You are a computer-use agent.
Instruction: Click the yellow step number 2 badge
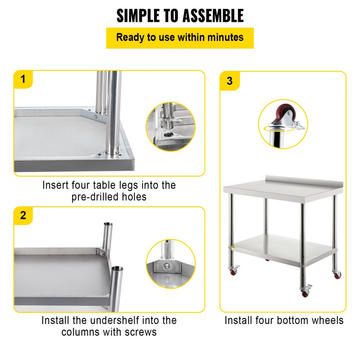(23, 215)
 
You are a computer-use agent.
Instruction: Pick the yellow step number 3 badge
(230, 81)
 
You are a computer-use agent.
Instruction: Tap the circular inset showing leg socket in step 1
(170, 126)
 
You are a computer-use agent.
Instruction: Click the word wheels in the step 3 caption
(327, 320)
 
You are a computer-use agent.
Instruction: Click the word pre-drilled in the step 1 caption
(95, 197)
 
